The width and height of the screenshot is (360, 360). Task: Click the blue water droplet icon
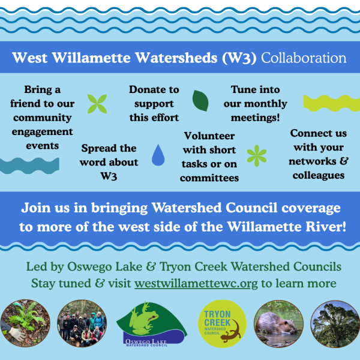(x=158, y=155)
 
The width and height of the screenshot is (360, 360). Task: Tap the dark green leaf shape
(x=200, y=101)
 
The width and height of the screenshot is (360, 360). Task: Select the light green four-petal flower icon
(x=97, y=104)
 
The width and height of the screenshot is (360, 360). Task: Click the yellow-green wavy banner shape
(x=332, y=103)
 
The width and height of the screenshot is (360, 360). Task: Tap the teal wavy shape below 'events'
(x=29, y=166)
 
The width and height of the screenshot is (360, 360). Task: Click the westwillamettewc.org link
(x=196, y=283)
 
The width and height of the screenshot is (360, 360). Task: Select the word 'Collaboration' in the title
(x=304, y=58)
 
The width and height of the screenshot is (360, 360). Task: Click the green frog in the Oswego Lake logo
(x=143, y=318)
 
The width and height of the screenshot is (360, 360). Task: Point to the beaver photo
(x=278, y=324)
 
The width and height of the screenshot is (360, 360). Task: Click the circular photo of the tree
(x=335, y=324)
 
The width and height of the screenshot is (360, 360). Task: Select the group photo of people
(x=82, y=323)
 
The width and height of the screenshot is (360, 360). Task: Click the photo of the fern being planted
(x=25, y=323)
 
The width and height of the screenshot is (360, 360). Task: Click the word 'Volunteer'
(x=209, y=136)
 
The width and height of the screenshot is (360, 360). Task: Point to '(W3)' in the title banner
(x=239, y=58)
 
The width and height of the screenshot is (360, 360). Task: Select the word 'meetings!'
(x=256, y=118)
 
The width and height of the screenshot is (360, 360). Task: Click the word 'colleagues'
(x=319, y=175)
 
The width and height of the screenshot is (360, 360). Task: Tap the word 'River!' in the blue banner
(x=326, y=227)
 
